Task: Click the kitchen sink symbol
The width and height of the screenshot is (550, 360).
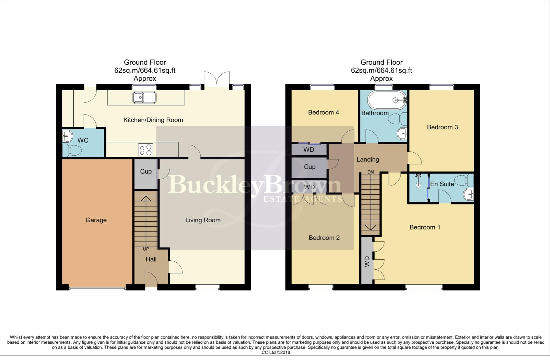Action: tap(144, 98)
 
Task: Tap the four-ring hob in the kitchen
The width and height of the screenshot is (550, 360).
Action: tap(145, 150)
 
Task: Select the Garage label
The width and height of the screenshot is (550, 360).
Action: tap(96, 220)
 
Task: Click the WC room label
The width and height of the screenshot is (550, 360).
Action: tap(83, 140)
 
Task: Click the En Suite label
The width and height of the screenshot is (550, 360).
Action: tap(442, 184)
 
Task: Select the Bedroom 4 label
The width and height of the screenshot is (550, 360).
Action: tap(323, 112)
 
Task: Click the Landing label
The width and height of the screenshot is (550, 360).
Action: tap(368, 159)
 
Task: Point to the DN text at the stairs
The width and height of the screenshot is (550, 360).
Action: tap(370, 172)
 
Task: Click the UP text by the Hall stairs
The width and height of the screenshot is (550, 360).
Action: tap(146, 249)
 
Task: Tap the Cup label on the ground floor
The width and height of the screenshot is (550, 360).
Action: tap(146, 171)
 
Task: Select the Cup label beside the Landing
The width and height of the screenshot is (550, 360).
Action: tap(309, 167)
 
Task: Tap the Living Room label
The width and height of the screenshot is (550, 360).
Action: tap(203, 220)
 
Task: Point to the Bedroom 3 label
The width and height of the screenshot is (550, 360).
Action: tap(442, 127)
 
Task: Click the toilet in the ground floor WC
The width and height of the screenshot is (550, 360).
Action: tap(72, 150)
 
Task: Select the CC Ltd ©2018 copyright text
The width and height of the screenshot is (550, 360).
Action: tap(276, 352)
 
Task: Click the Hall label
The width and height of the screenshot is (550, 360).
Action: tap(151, 259)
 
